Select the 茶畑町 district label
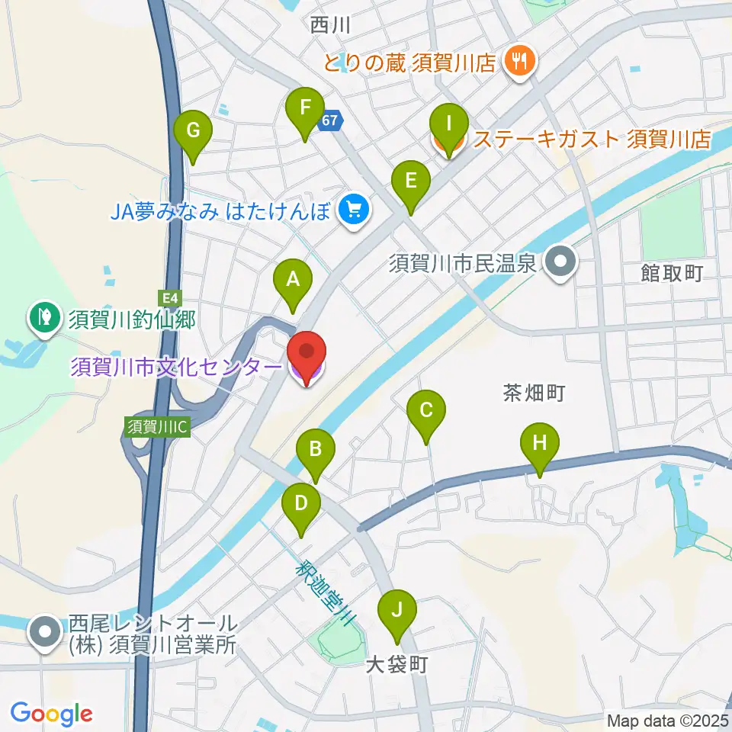click(534, 393)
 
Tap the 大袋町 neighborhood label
click(396, 665)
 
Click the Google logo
click(50, 714)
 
